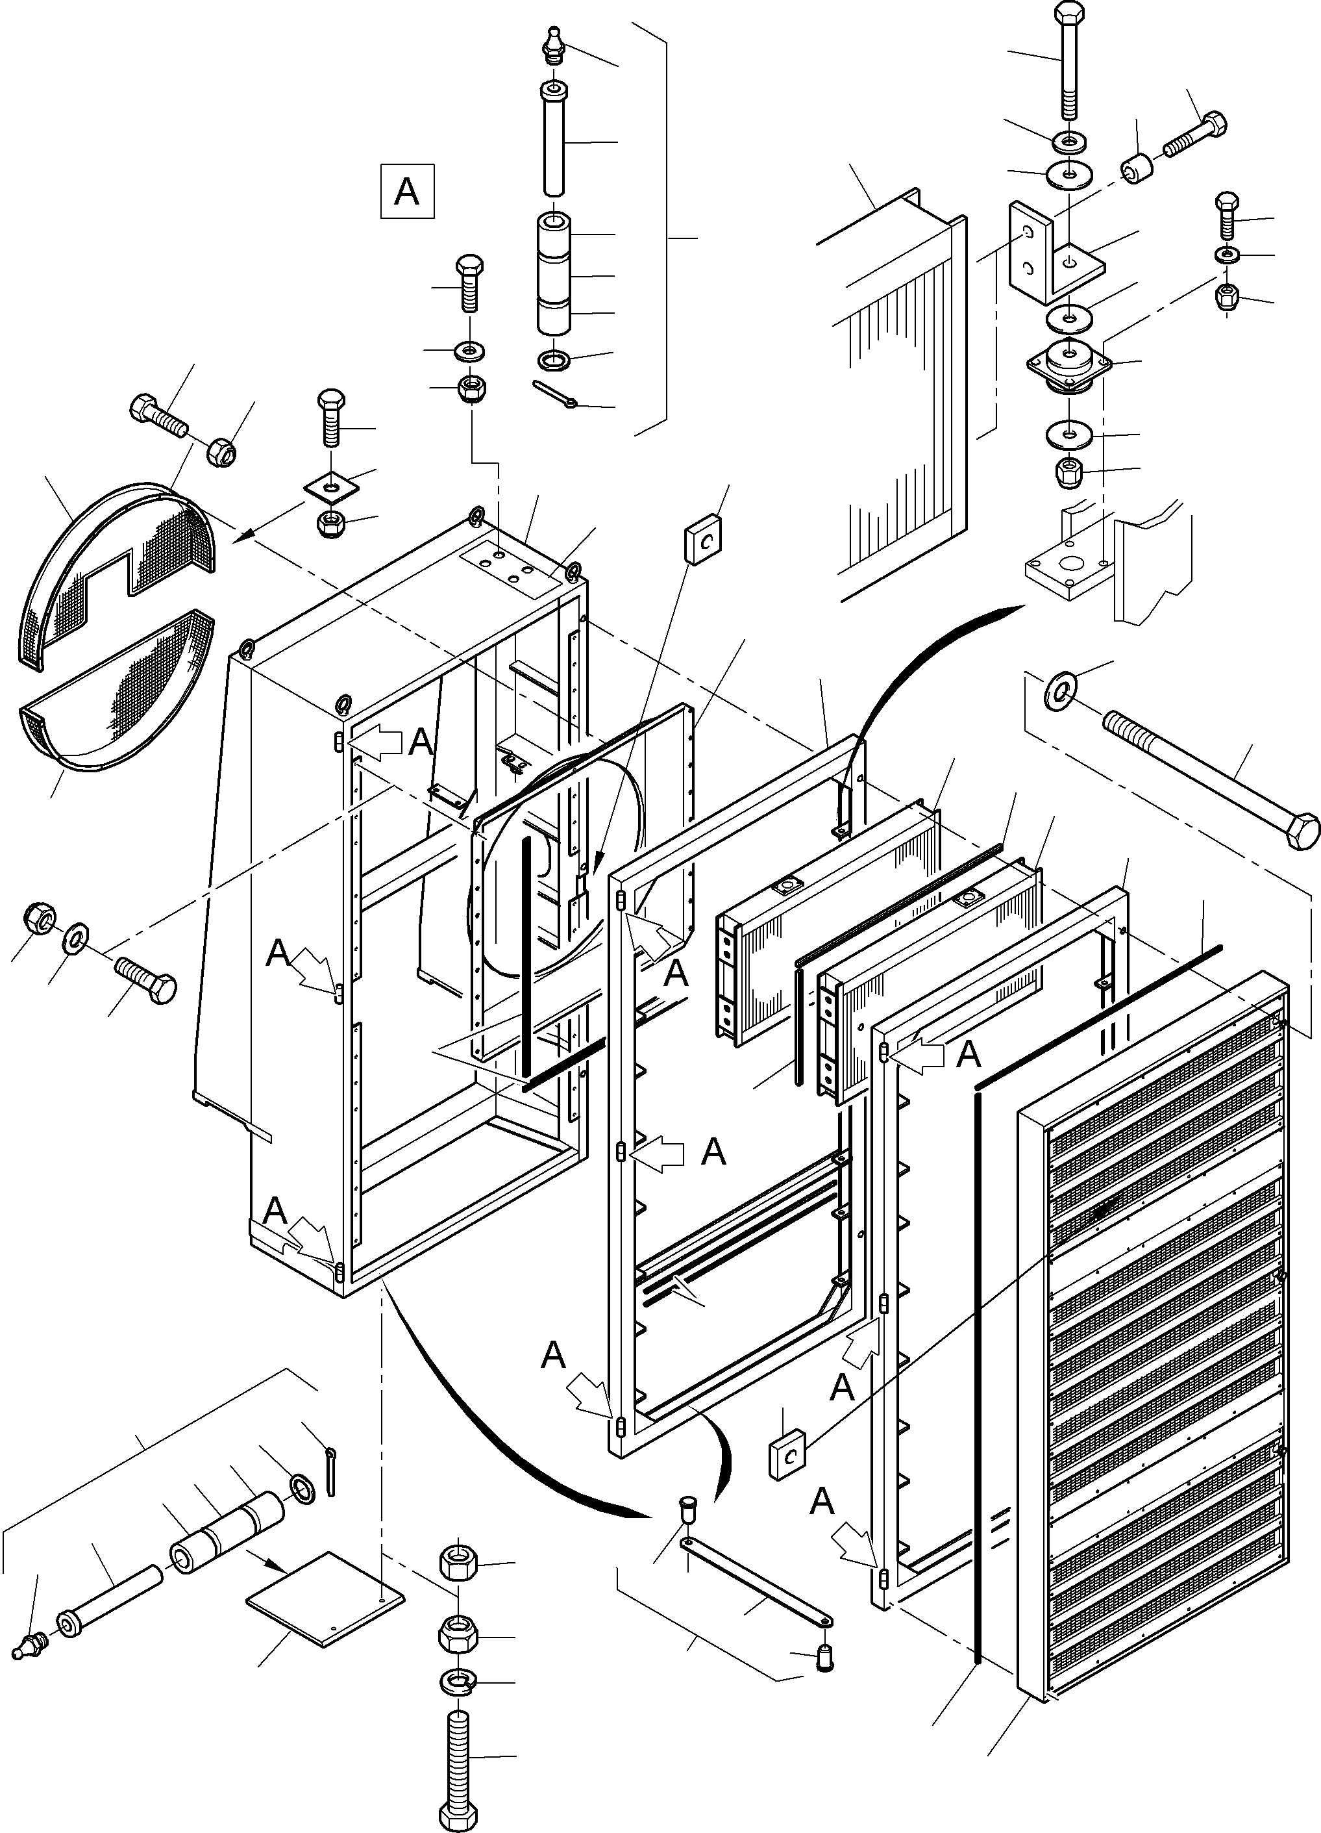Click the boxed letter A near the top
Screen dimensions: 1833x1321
point(407,192)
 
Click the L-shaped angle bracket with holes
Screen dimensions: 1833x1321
point(1050,255)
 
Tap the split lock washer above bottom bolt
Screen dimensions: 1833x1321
point(459,1683)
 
